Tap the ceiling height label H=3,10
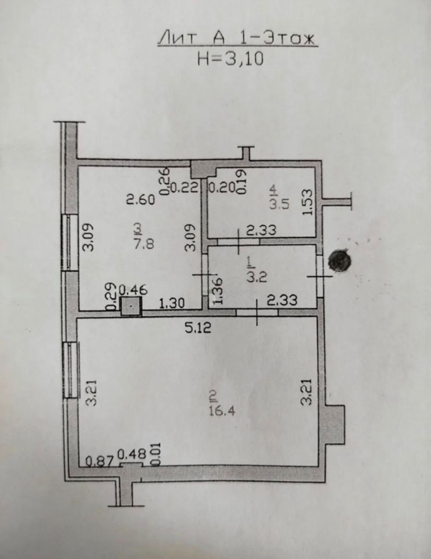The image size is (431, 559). tap(230, 59)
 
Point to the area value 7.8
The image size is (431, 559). tap(144, 243)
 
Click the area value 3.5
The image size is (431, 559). tap(280, 204)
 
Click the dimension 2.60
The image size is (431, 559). tap(141, 200)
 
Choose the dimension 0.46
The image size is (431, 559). tap(133, 290)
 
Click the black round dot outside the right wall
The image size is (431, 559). tap(340, 260)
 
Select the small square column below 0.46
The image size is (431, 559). tap(131, 306)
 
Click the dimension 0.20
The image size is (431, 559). tap(222, 187)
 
